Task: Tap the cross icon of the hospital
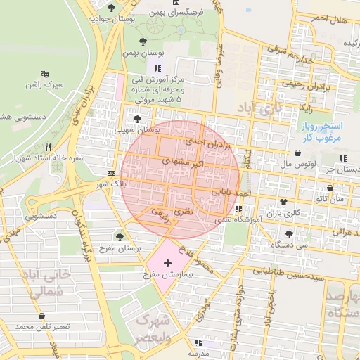(x=167, y=264)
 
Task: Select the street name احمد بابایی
(x=231, y=191)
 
